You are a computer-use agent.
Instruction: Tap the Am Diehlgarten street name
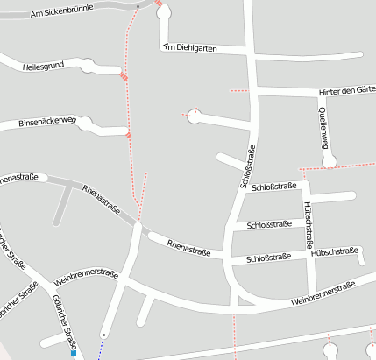pos(189,47)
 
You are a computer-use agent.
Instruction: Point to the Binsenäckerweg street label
pos(47,123)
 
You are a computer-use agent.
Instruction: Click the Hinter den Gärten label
pos(347,91)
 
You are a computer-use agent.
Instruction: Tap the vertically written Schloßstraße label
pos(246,166)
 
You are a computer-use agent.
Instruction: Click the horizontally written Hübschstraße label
pos(336,251)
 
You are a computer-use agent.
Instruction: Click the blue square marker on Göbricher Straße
pos(74,353)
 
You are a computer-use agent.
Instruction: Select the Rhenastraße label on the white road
pos(188,248)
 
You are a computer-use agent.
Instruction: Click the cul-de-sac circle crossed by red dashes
pos(194,115)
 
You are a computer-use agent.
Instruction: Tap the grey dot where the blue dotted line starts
pos(103,335)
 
